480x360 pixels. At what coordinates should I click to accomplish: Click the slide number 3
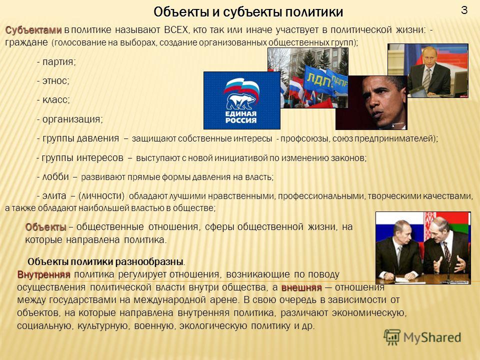[464, 10]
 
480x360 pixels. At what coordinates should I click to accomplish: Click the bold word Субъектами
[33, 30]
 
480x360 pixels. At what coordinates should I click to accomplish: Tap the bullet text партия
[59, 62]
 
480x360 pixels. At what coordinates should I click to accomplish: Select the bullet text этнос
[55, 81]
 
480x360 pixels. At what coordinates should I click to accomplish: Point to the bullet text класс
[56, 100]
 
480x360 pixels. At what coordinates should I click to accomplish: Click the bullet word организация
[72, 119]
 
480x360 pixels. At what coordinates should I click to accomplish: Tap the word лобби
[55, 176]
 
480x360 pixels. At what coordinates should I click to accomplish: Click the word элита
[54, 195]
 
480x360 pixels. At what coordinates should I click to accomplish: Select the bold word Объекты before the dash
[45, 227]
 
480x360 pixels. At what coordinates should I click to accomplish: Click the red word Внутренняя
[44, 274]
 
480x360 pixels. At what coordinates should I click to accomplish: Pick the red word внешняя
[301, 287]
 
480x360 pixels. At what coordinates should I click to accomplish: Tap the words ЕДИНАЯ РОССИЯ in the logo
[240, 117]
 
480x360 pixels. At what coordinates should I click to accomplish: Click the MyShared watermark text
[432, 337]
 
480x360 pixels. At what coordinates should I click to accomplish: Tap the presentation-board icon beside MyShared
[392, 337]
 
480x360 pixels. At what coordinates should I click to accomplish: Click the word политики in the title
[314, 12]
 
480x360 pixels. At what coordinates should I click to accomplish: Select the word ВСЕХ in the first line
[175, 29]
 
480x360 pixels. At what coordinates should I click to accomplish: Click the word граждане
[26, 42]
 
